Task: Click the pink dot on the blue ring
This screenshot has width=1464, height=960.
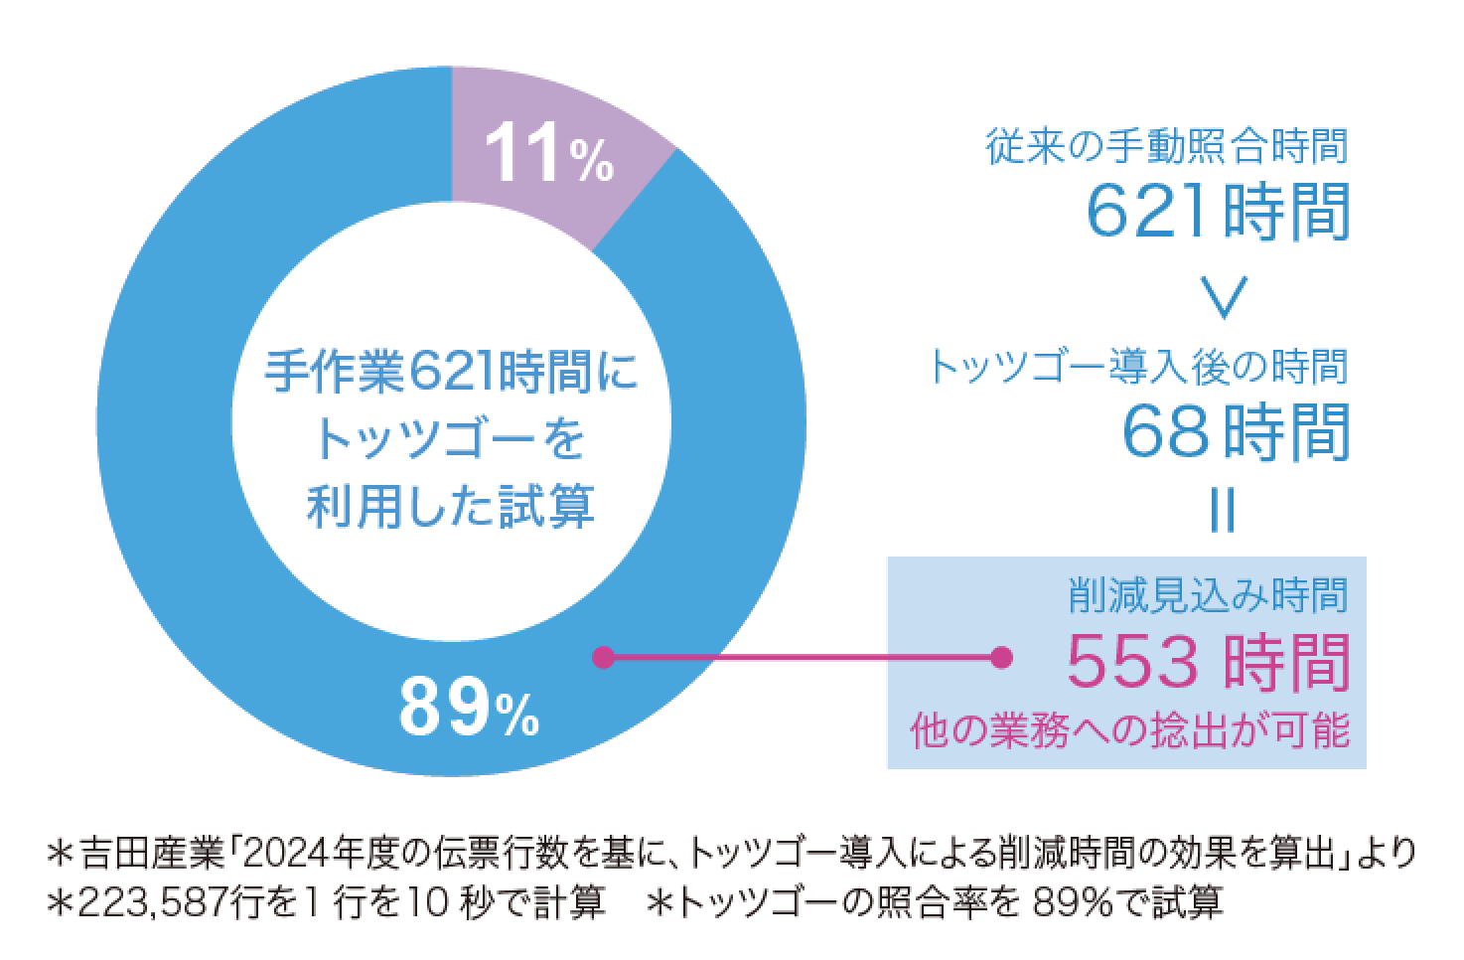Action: pos(602,657)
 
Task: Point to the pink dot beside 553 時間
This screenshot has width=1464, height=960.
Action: pos(1001,657)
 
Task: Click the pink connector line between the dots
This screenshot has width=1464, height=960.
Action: pos(801,657)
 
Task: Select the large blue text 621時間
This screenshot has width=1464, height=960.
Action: pos(1219,211)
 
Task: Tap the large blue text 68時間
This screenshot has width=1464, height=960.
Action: pos(1237,431)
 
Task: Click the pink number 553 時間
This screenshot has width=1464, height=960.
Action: pos(1208,664)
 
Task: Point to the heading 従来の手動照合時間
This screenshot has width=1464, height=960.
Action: pos(1168,147)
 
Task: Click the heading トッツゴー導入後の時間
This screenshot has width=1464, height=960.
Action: pos(1138,368)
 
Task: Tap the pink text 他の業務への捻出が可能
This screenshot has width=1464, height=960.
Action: pos(1130,730)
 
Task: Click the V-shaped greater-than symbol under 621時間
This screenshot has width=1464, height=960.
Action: pos(1223,294)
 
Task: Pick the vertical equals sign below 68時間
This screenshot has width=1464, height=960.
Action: pos(1224,513)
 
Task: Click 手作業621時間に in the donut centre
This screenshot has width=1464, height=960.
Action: pos(452,375)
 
